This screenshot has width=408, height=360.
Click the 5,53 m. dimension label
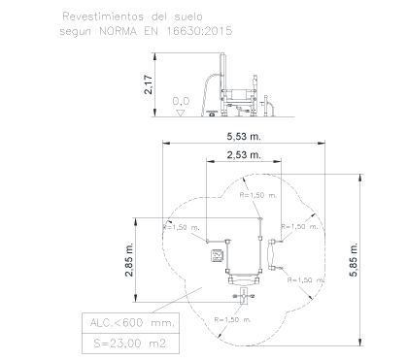[x=244, y=137]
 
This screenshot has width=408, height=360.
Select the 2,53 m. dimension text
[x=244, y=155]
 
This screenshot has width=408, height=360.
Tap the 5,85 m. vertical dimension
[x=354, y=260]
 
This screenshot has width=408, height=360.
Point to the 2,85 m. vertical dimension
[x=129, y=259]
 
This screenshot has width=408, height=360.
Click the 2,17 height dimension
[x=148, y=84]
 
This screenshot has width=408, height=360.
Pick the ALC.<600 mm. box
[x=130, y=323]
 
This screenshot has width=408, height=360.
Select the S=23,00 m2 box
[x=130, y=344]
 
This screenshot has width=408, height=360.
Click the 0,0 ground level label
[x=181, y=102]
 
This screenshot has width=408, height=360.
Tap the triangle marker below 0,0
[x=180, y=114]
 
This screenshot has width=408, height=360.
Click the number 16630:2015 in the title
[x=199, y=31]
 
